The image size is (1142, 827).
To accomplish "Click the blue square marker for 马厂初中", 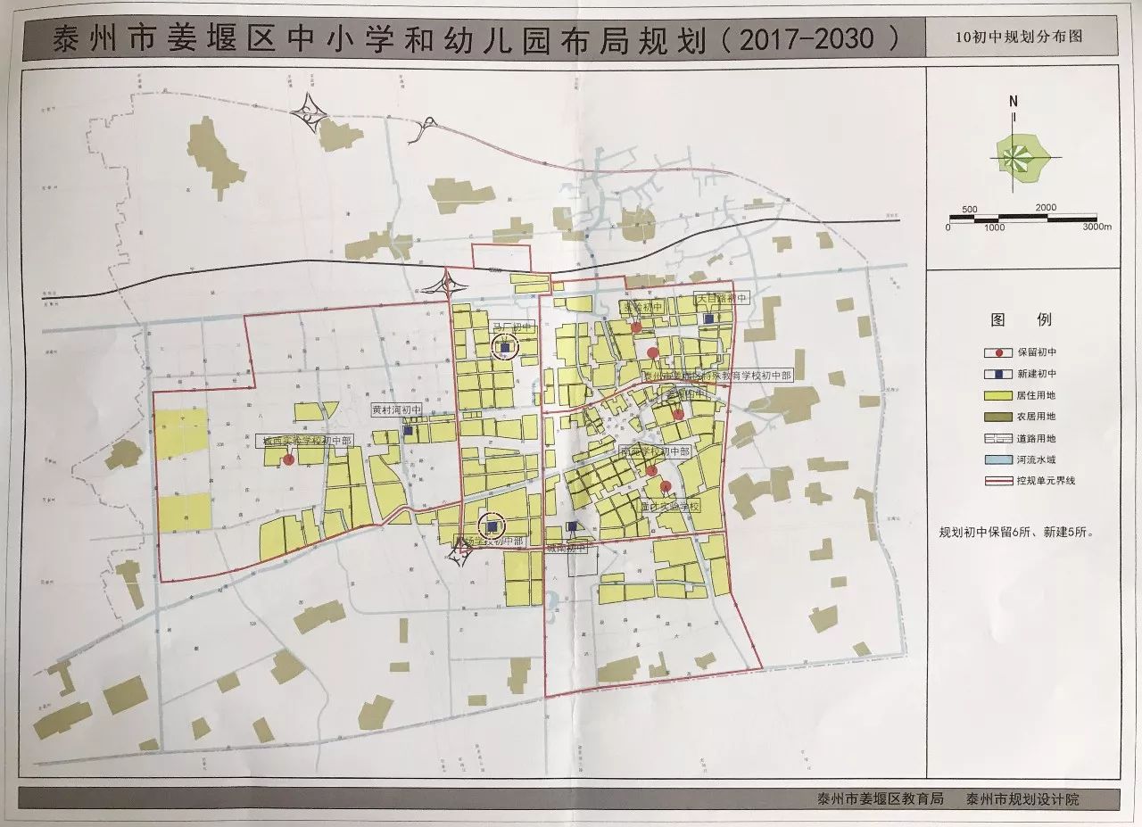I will pyautogui.click(x=504, y=348).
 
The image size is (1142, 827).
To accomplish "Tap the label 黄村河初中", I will pyautogui.click(x=396, y=411).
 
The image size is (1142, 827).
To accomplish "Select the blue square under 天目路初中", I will pyautogui.click(x=708, y=318).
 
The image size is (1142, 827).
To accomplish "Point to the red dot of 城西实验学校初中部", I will pyautogui.click(x=288, y=459).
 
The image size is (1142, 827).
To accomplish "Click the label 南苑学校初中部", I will pyautogui.click(x=659, y=452).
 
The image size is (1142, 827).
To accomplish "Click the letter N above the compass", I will pyautogui.click(x=1014, y=102).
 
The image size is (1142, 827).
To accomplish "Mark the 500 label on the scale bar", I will pyautogui.click(x=971, y=209).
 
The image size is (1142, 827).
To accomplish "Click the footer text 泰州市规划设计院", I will pyautogui.click(x=1022, y=799).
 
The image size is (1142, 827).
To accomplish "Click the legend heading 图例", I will pyautogui.click(x=1021, y=319).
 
